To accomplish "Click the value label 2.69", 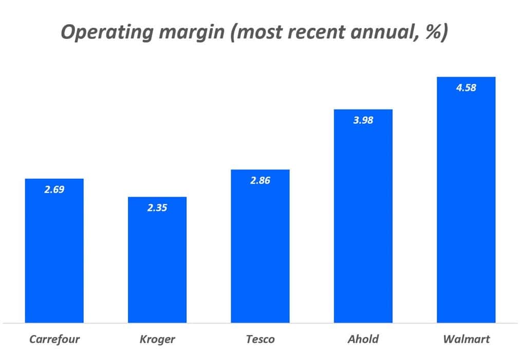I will (x=54, y=190).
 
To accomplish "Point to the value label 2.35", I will (x=157, y=208).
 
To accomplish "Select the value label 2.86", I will (x=260, y=181).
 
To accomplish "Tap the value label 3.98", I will (x=363, y=121).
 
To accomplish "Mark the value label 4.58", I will (x=466, y=88).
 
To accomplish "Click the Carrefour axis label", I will (x=54, y=339).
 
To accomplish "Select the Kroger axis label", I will (x=157, y=339).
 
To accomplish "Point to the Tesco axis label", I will (x=260, y=339).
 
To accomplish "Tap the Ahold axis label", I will (x=363, y=339).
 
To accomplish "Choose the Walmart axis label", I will (x=466, y=339).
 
